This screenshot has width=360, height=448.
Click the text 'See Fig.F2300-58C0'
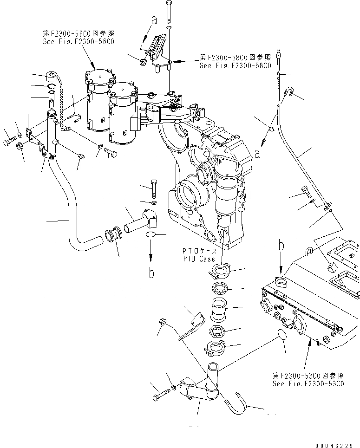pyautogui.click(x=235, y=66)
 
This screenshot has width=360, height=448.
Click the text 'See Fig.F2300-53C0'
pyautogui.click(x=308, y=383)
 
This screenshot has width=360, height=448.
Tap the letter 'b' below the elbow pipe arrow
pyautogui.click(x=151, y=273)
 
